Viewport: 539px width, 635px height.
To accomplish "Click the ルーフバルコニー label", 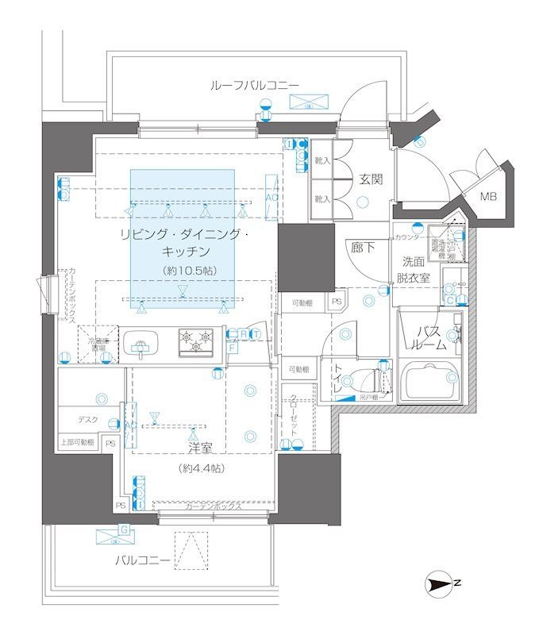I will [254, 85].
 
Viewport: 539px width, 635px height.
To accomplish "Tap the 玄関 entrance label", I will [370, 179].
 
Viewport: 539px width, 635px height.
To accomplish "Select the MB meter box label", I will [487, 197].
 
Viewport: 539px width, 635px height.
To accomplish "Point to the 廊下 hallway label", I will [363, 248].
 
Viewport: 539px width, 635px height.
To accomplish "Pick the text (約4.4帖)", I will [201, 468].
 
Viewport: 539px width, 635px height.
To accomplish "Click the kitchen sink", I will [141, 344].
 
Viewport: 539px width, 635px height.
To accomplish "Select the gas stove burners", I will [195, 341].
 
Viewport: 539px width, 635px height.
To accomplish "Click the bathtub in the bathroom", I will [431, 383].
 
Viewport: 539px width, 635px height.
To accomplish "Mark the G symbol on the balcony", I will [124, 529].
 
